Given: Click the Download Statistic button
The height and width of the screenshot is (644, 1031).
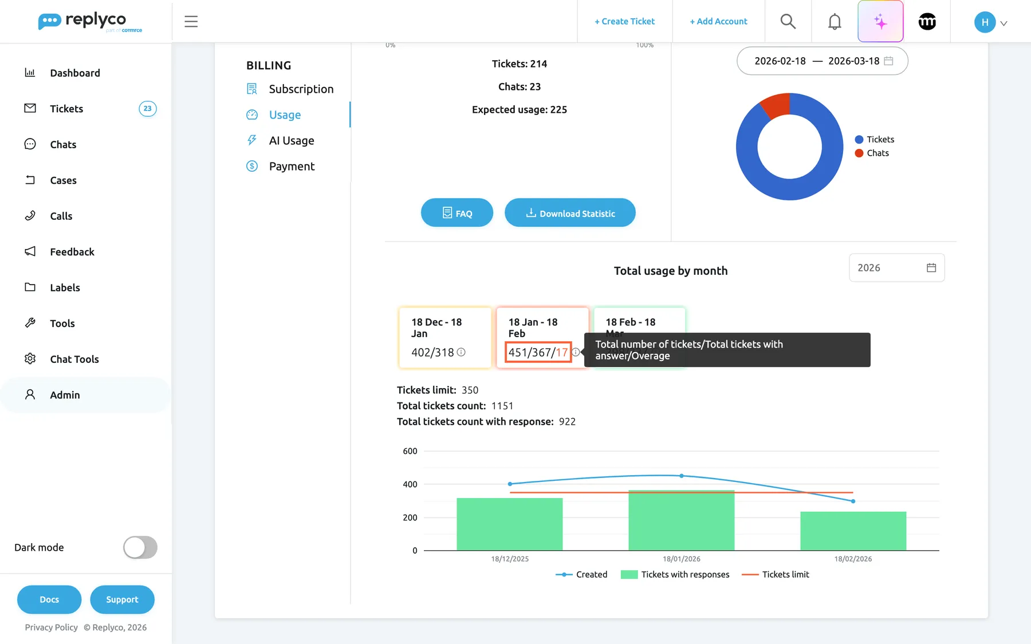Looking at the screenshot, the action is coord(570,213).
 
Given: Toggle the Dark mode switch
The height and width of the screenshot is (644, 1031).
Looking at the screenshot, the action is coord(140,547).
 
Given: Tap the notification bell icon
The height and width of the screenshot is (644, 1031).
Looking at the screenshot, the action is coord(835,22).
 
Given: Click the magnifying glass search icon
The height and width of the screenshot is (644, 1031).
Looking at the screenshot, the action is coord(788,22).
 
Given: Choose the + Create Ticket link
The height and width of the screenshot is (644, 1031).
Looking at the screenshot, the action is coord(624,22).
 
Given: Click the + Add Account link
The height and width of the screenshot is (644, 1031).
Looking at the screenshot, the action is coord(718,22).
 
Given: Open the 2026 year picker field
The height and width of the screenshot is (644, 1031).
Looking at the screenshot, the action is coord(896,268).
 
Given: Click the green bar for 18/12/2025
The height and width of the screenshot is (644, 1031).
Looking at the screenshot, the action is coord(510,524).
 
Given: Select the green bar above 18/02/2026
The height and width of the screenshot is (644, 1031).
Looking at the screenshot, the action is coord(853,531).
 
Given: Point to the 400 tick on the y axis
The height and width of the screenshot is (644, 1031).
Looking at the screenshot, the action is coord(410,484).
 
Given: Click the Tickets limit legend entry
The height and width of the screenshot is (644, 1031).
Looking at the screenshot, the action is coord(776,575).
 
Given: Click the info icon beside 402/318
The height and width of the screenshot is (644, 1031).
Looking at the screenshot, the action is coord(461,353).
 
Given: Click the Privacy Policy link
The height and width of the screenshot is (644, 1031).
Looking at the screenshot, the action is coord(51,627).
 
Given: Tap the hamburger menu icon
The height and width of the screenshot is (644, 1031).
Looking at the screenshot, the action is coord(191,22).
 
